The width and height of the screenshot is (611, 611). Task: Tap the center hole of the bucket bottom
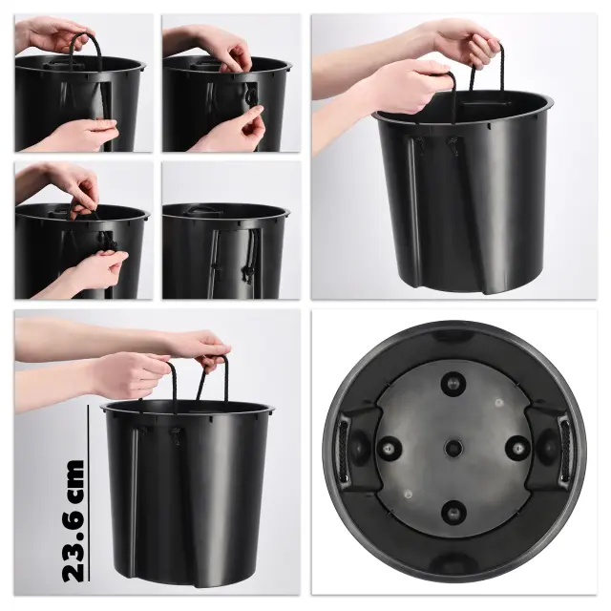(x=453, y=448)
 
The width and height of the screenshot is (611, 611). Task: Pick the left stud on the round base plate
(x=389, y=449)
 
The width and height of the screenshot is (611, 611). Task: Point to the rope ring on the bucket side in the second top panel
(x=252, y=95)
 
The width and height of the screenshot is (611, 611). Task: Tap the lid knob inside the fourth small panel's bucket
(x=202, y=210)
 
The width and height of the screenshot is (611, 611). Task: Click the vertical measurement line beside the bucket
(x=89, y=494)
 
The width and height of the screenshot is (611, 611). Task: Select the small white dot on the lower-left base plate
(x=408, y=495)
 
